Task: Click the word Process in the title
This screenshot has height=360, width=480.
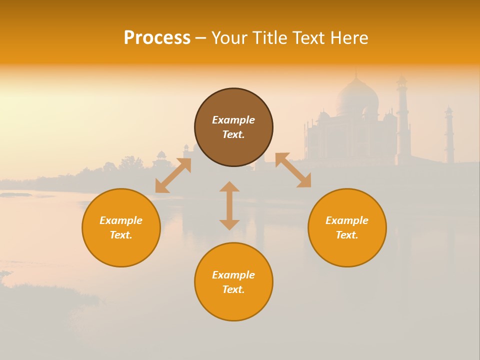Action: point(157,38)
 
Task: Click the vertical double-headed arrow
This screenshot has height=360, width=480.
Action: point(229,205)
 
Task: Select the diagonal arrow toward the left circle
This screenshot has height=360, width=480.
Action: point(173,175)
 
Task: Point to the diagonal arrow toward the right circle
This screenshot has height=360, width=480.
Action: point(293,170)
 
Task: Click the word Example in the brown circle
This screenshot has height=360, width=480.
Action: point(233,120)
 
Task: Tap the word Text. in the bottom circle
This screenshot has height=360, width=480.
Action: point(233,289)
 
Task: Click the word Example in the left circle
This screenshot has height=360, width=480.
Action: point(121,220)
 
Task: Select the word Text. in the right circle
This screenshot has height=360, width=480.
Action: point(347,235)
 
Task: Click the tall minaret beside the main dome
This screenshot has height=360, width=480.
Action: point(403,120)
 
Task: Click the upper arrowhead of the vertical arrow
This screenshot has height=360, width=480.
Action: point(229,186)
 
